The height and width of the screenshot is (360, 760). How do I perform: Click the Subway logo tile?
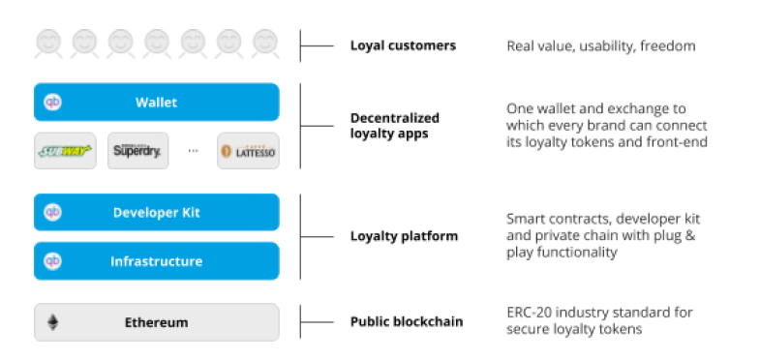tap(65, 151)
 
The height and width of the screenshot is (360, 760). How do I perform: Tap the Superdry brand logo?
tap(137, 151)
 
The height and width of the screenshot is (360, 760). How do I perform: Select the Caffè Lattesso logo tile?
tap(248, 151)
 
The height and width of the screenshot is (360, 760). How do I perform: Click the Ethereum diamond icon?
tap(53, 322)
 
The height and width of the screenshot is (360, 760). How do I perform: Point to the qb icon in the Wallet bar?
tap(53, 102)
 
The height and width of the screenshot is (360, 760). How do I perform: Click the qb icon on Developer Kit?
tap(53, 212)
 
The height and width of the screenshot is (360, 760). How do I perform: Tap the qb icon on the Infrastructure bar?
tap(53, 261)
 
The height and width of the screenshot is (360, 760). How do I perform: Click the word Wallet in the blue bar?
tap(156, 103)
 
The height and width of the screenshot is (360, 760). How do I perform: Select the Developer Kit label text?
tap(156, 213)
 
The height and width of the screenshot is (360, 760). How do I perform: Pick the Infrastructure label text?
tap(156, 261)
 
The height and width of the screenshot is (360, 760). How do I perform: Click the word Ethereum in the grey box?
tap(156, 322)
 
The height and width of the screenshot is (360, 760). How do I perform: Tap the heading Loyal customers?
tap(404, 45)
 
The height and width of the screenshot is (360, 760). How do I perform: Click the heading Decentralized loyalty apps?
tap(395, 126)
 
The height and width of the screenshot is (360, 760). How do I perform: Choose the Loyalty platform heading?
tap(405, 236)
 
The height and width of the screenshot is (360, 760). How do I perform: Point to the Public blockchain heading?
tap(407, 321)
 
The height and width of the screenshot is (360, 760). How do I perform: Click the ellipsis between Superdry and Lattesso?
tap(193, 151)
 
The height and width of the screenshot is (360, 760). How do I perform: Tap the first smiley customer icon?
tap(48, 45)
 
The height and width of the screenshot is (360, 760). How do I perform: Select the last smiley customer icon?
tap(265, 45)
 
